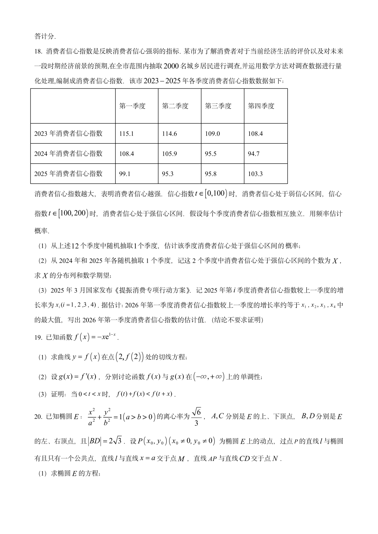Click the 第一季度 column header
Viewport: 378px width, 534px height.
tap(132, 106)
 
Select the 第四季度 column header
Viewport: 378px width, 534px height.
tap(261, 106)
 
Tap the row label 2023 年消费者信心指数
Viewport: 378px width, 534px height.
tap(68, 134)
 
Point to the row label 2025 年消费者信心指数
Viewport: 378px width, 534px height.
tap(68, 174)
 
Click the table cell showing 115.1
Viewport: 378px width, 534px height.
tap(126, 134)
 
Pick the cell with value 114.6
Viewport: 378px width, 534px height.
tap(169, 134)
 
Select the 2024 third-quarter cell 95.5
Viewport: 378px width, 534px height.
tap(210, 154)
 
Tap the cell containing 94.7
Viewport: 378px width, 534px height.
tap(253, 154)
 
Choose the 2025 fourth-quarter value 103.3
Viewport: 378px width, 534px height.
tap(255, 174)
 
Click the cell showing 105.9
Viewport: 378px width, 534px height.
tap(169, 154)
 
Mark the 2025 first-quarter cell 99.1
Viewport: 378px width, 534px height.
tap(125, 174)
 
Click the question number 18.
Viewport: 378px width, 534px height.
tap(38, 51)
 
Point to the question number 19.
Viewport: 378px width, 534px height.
tap(38, 337)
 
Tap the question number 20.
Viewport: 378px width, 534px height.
tap(38, 416)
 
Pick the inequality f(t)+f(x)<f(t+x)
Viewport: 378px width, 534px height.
tap(145, 394)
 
